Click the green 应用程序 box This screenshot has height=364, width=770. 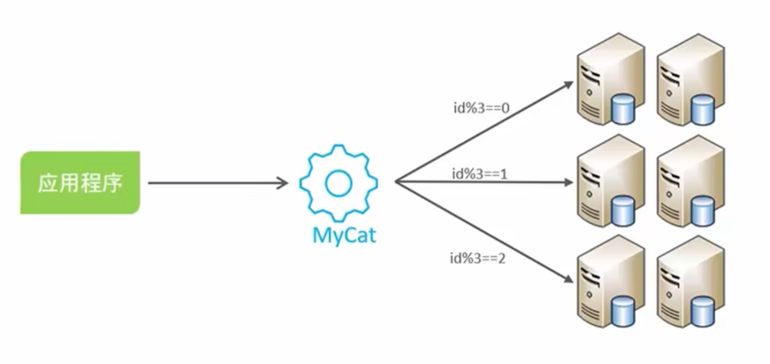80,182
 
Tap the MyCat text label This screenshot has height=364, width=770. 344,236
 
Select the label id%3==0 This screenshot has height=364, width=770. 481,108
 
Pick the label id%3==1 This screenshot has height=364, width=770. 479,173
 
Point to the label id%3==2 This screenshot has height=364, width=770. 477,259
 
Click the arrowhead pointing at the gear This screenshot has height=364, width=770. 283,182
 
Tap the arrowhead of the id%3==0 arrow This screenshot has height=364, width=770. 568,85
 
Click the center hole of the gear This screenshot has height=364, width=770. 338,182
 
